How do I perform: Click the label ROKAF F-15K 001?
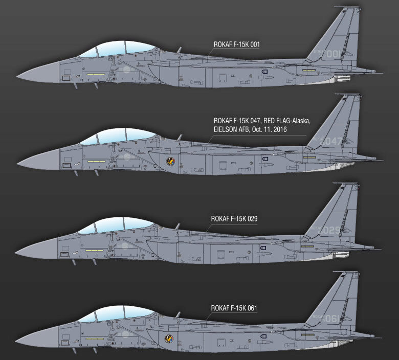[x=237, y=44]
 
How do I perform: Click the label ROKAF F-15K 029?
[x=234, y=219]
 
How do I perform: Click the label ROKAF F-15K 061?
[x=234, y=308]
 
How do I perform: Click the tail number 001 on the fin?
[x=333, y=54]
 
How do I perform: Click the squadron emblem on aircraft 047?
[x=171, y=162]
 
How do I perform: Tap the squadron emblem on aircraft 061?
[x=169, y=338]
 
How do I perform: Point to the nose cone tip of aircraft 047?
[x=18, y=164]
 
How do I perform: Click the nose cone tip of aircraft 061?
[x=17, y=340]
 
